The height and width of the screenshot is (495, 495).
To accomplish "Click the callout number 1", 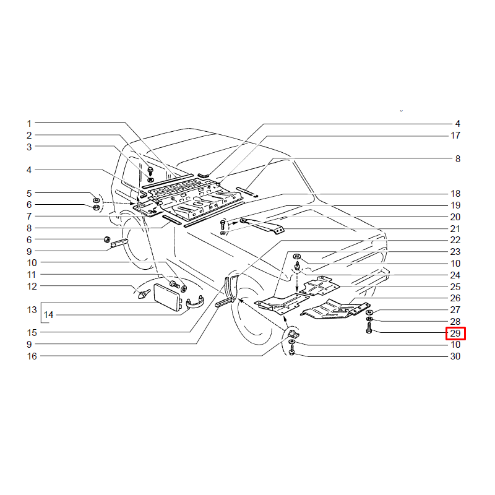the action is tap(29, 123).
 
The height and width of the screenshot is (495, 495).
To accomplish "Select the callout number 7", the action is tap(29, 216).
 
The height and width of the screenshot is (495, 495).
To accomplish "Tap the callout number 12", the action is tap(32, 286).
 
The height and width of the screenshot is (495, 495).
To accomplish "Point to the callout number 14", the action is tap(48, 315).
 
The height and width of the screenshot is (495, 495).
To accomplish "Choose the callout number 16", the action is tap(32, 356).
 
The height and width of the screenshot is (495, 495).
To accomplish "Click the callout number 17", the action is tap(455, 136).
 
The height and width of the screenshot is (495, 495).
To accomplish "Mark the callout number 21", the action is tap(455, 228).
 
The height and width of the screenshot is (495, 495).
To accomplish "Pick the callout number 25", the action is tap(455, 286).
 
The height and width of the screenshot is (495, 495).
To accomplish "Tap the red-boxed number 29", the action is tap(455, 334).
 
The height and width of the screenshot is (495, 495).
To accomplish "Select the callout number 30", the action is tap(455, 356).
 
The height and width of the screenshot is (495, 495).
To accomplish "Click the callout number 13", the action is tap(32, 310).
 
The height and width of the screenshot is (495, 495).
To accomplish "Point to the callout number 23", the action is tap(455, 252).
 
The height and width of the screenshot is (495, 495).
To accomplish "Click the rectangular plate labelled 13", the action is tap(166, 297).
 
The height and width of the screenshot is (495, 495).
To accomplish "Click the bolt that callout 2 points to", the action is tap(150, 171).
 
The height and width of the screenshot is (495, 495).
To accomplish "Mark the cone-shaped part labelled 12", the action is tap(144, 294).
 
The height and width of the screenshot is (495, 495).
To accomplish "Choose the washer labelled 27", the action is tap(369, 312).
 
